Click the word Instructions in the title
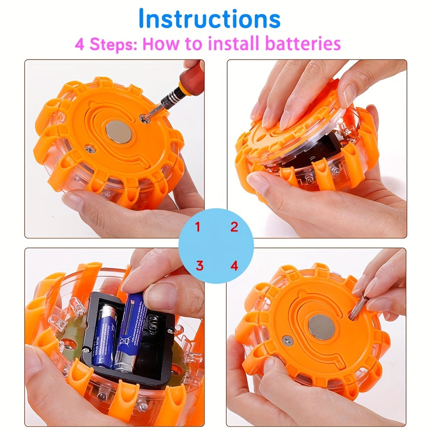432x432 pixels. [x=210, y=19]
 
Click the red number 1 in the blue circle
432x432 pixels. [x=198, y=227]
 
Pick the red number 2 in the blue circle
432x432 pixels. [x=234, y=227]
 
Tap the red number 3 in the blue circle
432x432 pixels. [x=199, y=265]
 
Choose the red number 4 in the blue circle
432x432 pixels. [x=234, y=265]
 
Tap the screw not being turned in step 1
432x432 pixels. [x=90, y=149]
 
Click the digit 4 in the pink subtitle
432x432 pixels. [x=80, y=44]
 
